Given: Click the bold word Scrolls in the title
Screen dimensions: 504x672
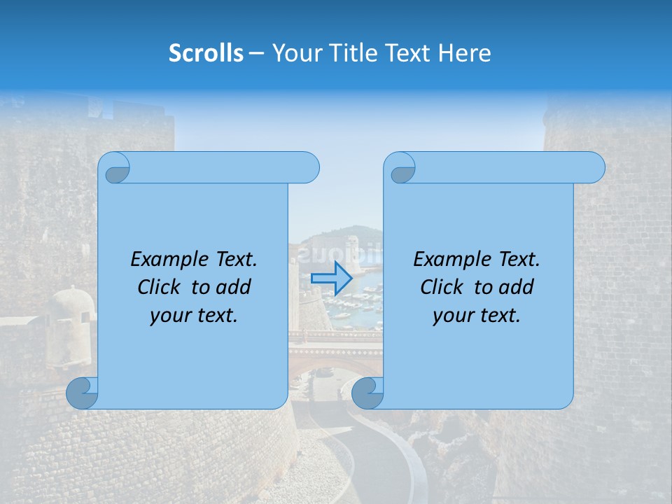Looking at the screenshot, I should (206, 53).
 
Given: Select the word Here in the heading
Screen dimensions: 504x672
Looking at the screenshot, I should (464, 53).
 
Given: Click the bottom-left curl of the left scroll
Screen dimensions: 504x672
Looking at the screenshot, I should (83, 393).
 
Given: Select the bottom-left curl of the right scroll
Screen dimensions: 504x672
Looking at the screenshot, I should (367, 393).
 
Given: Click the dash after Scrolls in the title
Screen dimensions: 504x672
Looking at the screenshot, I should (256, 53).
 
